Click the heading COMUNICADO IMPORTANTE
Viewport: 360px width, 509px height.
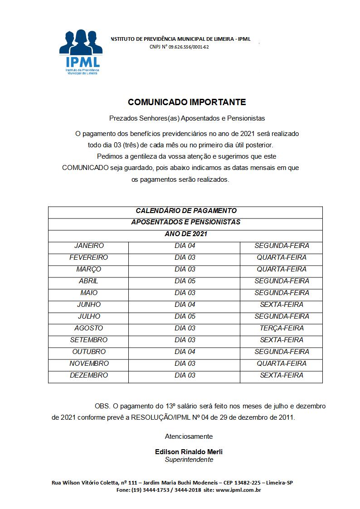[x=187, y=102]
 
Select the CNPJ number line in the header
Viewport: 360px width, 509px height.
[x=179, y=47]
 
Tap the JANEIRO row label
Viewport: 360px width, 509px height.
[x=89, y=246]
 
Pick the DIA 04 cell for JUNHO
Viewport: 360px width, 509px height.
[x=185, y=305]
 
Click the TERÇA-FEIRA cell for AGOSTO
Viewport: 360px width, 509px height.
[x=282, y=328]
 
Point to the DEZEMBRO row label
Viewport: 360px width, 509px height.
[x=89, y=375]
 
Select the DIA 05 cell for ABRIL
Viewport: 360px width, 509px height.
[x=185, y=281]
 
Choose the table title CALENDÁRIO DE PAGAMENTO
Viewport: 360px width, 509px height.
[x=186, y=211]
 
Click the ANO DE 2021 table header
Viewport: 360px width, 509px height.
[x=186, y=234]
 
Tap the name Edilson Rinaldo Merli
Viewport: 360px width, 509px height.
[x=189, y=452]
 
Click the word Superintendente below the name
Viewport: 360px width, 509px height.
[x=189, y=460]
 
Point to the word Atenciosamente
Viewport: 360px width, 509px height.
[x=189, y=436]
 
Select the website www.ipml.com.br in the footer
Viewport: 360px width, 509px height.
[x=239, y=490]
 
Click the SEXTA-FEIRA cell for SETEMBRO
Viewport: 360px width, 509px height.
[x=282, y=340]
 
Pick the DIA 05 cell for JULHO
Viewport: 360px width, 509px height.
[x=185, y=316]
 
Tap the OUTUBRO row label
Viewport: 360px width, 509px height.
[x=89, y=352]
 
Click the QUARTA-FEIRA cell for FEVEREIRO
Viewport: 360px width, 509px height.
[x=282, y=257]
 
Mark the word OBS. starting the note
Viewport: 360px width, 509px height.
[x=102, y=406]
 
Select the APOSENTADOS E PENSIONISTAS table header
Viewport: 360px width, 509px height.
[x=186, y=223]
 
